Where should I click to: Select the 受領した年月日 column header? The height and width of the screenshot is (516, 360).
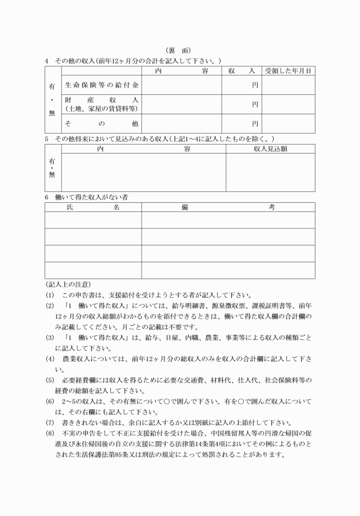[288, 71]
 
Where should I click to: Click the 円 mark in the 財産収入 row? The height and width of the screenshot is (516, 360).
[255, 105]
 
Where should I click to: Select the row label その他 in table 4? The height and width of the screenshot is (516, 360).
[101, 123]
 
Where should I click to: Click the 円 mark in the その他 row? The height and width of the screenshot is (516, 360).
[255, 123]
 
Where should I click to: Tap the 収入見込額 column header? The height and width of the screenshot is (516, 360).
[270, 149]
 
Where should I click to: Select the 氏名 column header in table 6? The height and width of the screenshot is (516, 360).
[93, 207]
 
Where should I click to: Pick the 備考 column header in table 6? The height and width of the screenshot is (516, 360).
[228, 207]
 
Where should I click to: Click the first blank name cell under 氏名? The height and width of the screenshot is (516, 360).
[93, 220]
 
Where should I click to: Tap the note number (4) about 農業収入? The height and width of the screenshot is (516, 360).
[50, 359]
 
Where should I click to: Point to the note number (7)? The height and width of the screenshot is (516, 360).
[50, 422]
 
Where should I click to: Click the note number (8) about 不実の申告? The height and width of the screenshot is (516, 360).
[50, 434]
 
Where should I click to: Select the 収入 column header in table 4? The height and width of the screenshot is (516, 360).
[241, 71]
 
